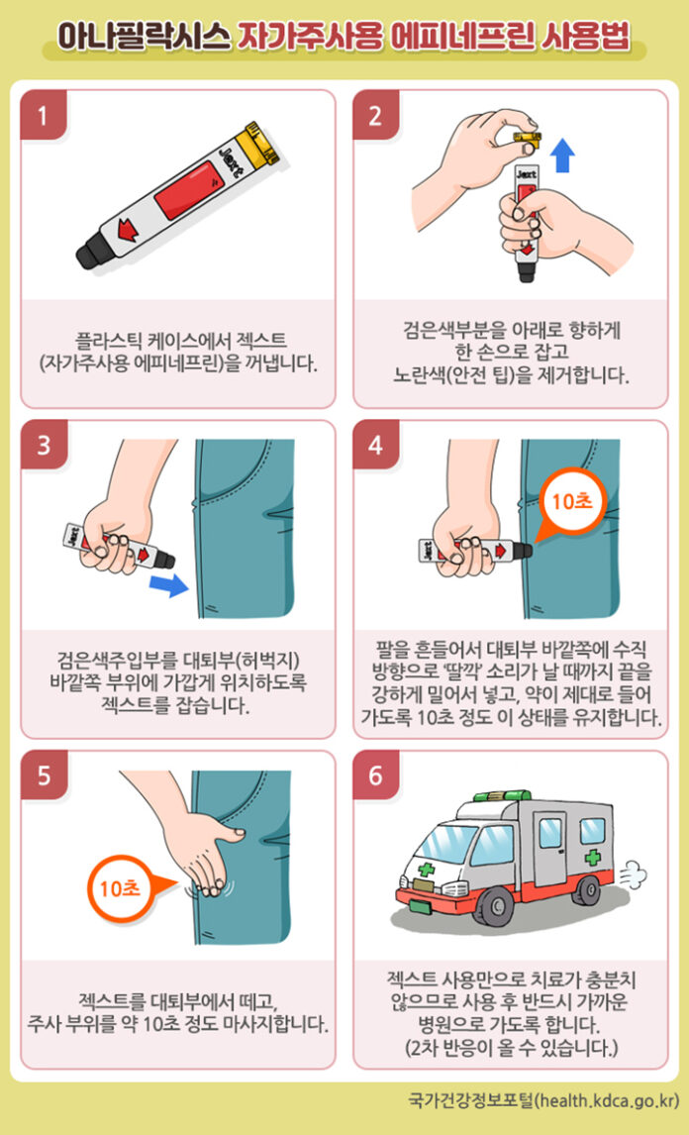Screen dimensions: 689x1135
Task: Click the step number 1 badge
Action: click(45, 114)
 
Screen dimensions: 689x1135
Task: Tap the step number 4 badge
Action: click(375, 445)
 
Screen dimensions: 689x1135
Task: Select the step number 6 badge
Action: click(375, 775)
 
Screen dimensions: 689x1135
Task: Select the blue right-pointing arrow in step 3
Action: click(168, 585)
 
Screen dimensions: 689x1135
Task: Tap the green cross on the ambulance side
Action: click(593, 859)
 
